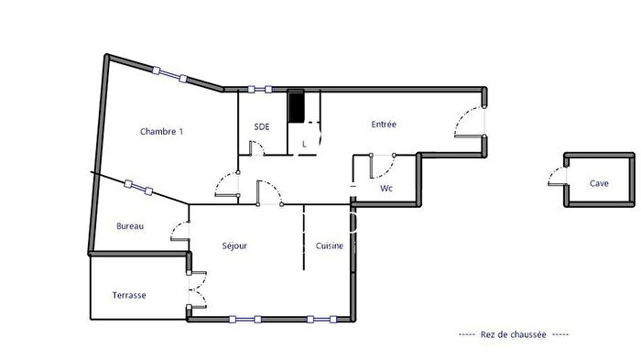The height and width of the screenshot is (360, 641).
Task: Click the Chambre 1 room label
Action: [161, 131]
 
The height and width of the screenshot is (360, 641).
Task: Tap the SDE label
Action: [262, 126]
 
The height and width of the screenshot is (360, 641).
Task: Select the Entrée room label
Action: [384, 125]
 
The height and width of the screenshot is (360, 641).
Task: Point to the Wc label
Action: [386, 190]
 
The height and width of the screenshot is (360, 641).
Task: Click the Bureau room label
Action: [130, 226]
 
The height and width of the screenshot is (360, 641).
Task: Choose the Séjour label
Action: [234, 245]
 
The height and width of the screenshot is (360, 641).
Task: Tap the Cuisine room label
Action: [330, 245]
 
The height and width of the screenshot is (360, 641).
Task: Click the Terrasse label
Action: [129, 295]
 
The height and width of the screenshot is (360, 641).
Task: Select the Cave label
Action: [599, 183]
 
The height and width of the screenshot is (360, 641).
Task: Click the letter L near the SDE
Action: [304, 144]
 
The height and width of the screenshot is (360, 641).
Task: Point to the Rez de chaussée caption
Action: [513, 335]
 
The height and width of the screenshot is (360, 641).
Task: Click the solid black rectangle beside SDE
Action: [296, 105]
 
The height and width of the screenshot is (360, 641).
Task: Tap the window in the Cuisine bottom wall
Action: [319, 319]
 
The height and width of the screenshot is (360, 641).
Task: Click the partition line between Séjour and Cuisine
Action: [303, 238]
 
